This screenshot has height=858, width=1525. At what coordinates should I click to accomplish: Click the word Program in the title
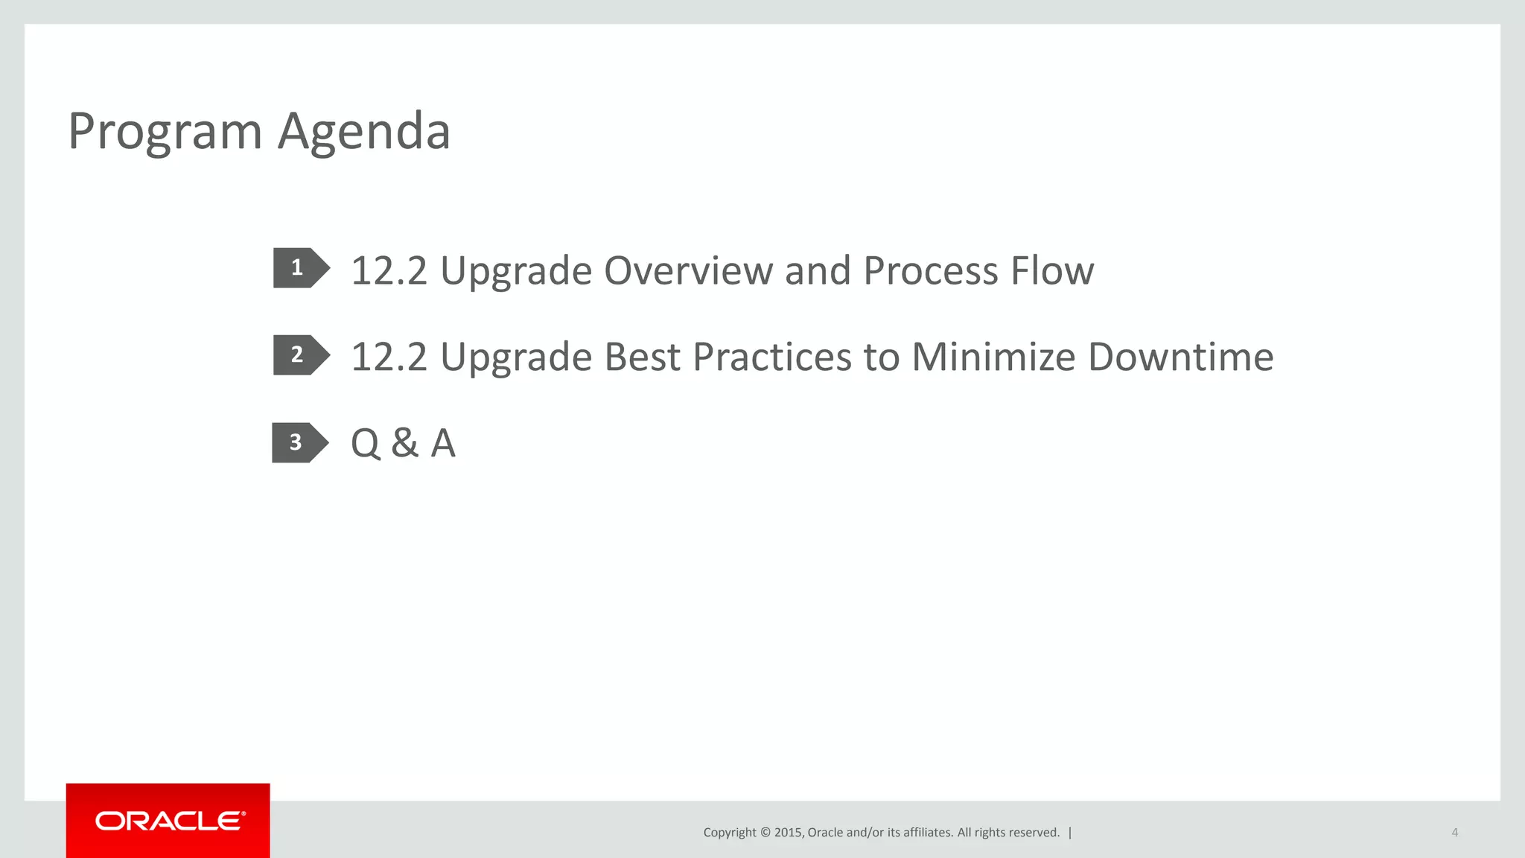[x=165, y=132]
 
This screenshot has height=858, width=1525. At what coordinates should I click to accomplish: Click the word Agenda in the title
[x=364, y=132]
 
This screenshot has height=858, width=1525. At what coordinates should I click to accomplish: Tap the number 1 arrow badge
[x=299, y=267]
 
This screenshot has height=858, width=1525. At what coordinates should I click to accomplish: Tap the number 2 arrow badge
[x=299, y=355]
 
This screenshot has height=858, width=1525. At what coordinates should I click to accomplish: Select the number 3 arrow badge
[x=297, y=442]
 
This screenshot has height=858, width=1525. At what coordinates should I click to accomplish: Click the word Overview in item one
[x=688, y=270]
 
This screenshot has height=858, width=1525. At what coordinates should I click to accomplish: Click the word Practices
[x=771, y=357]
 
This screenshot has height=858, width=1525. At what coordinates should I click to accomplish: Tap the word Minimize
[x=993, y=357]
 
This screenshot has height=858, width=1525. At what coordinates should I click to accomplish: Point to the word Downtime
[x=1180, y=357]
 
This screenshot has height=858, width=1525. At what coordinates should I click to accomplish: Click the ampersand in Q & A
[x=404, y=443]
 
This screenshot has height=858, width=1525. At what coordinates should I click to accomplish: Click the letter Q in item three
[x=366, y=443]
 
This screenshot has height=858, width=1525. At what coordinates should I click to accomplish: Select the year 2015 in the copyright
[x=788, y=833]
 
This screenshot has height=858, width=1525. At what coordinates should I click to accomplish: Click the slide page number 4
[x=1454, y=833]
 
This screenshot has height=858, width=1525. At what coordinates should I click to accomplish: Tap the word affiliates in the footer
[x=926, y=833]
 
